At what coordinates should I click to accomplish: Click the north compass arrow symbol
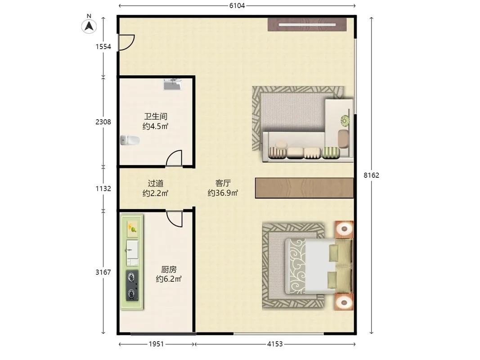point(89,26)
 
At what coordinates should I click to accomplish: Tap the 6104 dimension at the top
point(237,5)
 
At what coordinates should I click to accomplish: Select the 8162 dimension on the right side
point(371,175)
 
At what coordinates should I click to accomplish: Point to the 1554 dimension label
point(103,46)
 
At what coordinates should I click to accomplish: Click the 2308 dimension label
point(103,122)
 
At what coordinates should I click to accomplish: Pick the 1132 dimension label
point(103,189)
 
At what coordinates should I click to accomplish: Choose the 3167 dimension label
point(103,272)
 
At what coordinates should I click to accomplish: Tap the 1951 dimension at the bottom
point(157,344)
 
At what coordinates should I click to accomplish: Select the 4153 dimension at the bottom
point(275,344)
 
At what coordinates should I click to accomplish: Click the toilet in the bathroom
point(130,140)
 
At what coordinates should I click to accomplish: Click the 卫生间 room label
point(156,117)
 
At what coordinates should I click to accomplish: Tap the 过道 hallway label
point(156,183)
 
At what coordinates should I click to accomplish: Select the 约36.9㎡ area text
point(223,193)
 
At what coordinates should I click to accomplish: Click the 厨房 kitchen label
point(169,270)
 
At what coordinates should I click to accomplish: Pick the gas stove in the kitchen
point(132,285)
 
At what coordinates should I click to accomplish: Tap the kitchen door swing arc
point(174,219)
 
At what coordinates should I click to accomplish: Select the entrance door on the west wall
point(126,42)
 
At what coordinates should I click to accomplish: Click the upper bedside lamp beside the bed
point(345,229)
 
